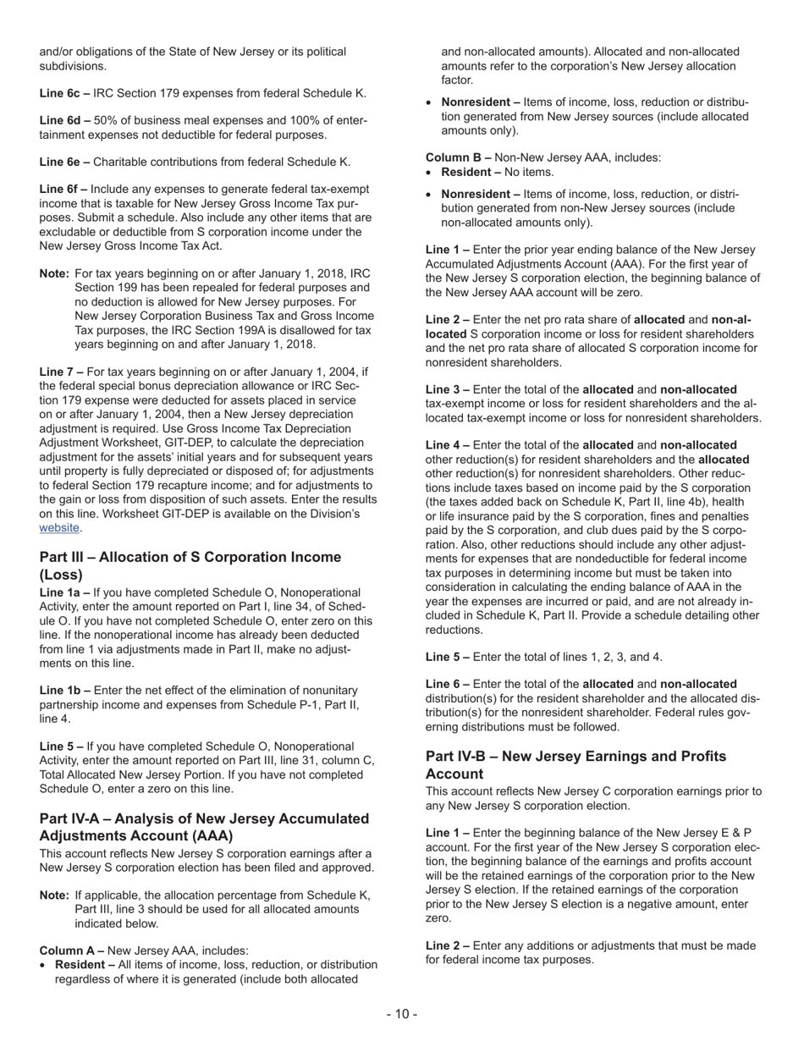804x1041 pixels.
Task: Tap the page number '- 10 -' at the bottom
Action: click(402, 1014)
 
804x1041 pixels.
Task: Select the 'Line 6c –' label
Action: click(64, 93)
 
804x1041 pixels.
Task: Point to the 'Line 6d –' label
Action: click(64, 121)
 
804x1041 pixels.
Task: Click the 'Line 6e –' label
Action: click(64, 162)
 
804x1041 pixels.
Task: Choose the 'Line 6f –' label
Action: click(63, 190)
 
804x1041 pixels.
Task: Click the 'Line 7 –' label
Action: click(61, 372)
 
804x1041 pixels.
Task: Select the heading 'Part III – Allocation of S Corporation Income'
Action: click(190, 557)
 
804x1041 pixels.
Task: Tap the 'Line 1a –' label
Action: click(64, 592)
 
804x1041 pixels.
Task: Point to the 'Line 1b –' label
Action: click(64, 691)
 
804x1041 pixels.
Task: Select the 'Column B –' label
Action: click(458, 157)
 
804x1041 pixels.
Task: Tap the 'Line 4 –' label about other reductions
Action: click(447, 445)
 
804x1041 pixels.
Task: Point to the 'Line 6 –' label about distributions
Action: click(447, 684)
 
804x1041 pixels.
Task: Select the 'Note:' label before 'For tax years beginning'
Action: click(54, 274)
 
